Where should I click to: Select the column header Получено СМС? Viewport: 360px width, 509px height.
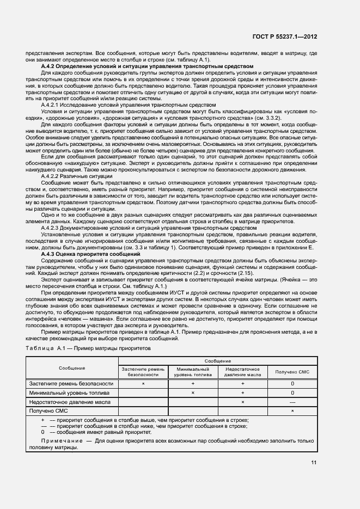pyautogui.click(x=292, y=372)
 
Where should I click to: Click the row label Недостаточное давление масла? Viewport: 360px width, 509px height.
pyautogui.click(x=70, y=401)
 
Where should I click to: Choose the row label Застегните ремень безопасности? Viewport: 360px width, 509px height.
pyautogui.click(x=71, y=383)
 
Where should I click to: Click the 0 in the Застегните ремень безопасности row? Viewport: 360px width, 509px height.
pyautogui.click(x=292, y=383)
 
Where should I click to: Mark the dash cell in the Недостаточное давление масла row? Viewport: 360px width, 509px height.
pyautogui.click(x=292, y=401)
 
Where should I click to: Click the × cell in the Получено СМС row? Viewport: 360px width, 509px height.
pyautogui.click(x=292, y=410)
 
